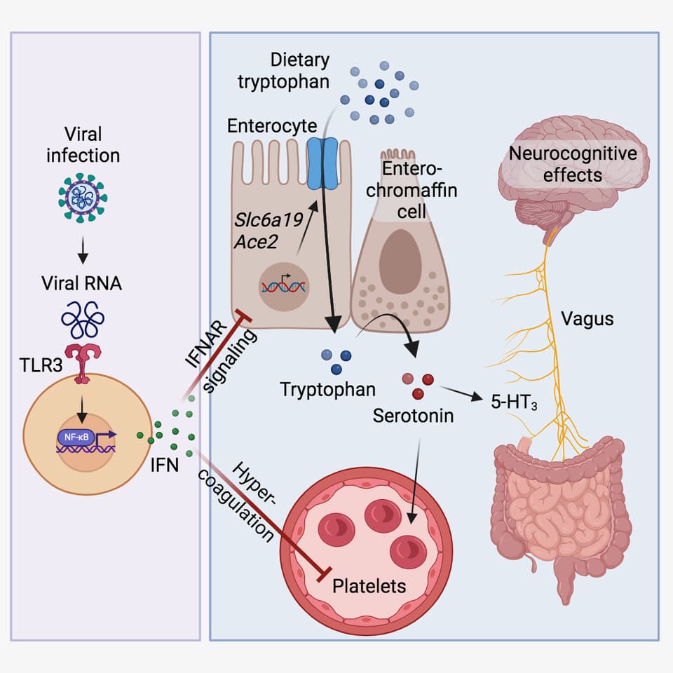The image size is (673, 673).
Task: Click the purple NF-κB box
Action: click(x=74, y=437)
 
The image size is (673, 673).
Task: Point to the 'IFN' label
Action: click(x=164, y=464)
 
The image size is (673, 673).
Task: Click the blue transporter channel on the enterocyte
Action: click(x=322, y=163)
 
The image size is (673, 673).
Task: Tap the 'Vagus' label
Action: click(x=587, y=319)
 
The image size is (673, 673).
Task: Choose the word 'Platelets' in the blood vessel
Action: click(x=369, y=585)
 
